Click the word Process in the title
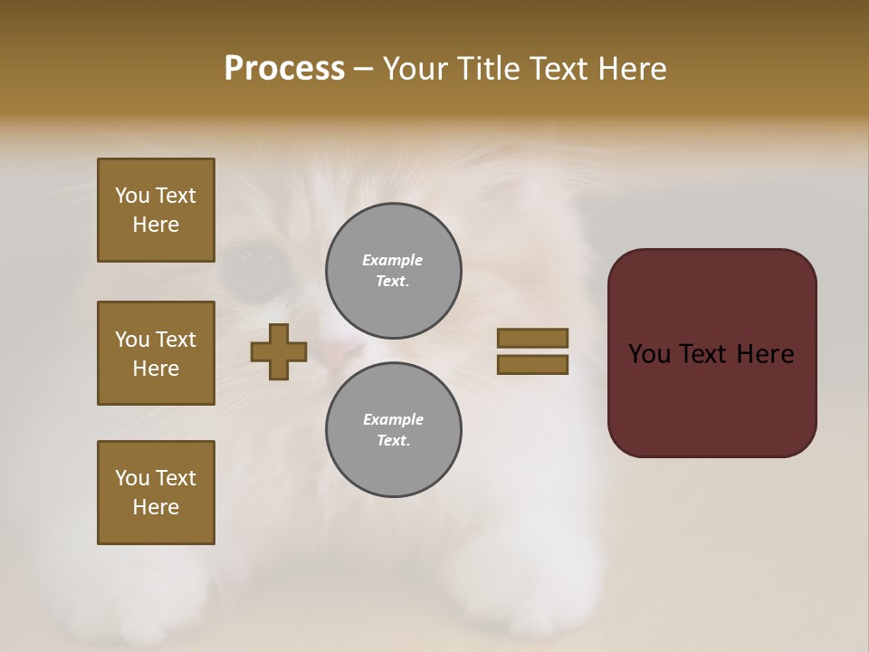(284, 69)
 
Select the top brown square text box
(156, 210)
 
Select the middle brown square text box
(156, 353)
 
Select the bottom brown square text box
(156, 493)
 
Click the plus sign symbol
(279, 351)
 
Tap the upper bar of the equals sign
(532, 338)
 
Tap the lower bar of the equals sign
(532, 365)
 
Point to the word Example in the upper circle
(393, 260)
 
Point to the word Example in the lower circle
(393, 419)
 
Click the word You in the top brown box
(132, 196)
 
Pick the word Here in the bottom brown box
(156, 507)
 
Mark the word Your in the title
(414, 69)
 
